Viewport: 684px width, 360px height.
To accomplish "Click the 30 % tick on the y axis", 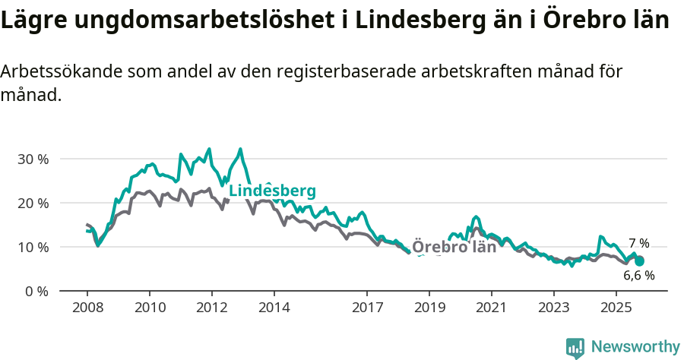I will pos(33,159).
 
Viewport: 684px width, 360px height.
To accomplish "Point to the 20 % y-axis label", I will pos(33,204).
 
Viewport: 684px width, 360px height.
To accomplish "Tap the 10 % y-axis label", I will pos(33,248).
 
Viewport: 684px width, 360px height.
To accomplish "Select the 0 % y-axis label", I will pos(36,291).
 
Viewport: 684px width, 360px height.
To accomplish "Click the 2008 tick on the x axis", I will pos(87,308).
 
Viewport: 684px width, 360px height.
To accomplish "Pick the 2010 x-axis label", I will pos(150,308).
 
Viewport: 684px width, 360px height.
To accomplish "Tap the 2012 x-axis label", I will pos(212,308).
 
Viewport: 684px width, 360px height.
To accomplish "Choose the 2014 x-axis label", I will pos(274,308).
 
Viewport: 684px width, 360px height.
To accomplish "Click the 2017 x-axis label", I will pos(367,308).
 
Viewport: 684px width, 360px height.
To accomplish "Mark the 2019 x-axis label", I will pos(429,308).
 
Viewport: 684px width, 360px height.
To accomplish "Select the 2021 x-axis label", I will pos(492,308).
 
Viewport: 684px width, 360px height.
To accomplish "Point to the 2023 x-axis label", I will pos(553,308).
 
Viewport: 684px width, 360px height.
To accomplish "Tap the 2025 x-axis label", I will pos(616,308).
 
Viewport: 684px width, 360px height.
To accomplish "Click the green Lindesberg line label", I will pos(272,191).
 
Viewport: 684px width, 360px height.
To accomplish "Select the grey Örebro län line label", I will pos(454,247).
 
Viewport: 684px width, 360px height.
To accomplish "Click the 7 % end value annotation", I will pos(638,244).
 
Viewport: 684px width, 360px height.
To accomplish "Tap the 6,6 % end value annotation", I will pos(638,275).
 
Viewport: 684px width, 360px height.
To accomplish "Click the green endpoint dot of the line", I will pos(639,261).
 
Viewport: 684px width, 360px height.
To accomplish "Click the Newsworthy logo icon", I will pos(575,348).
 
